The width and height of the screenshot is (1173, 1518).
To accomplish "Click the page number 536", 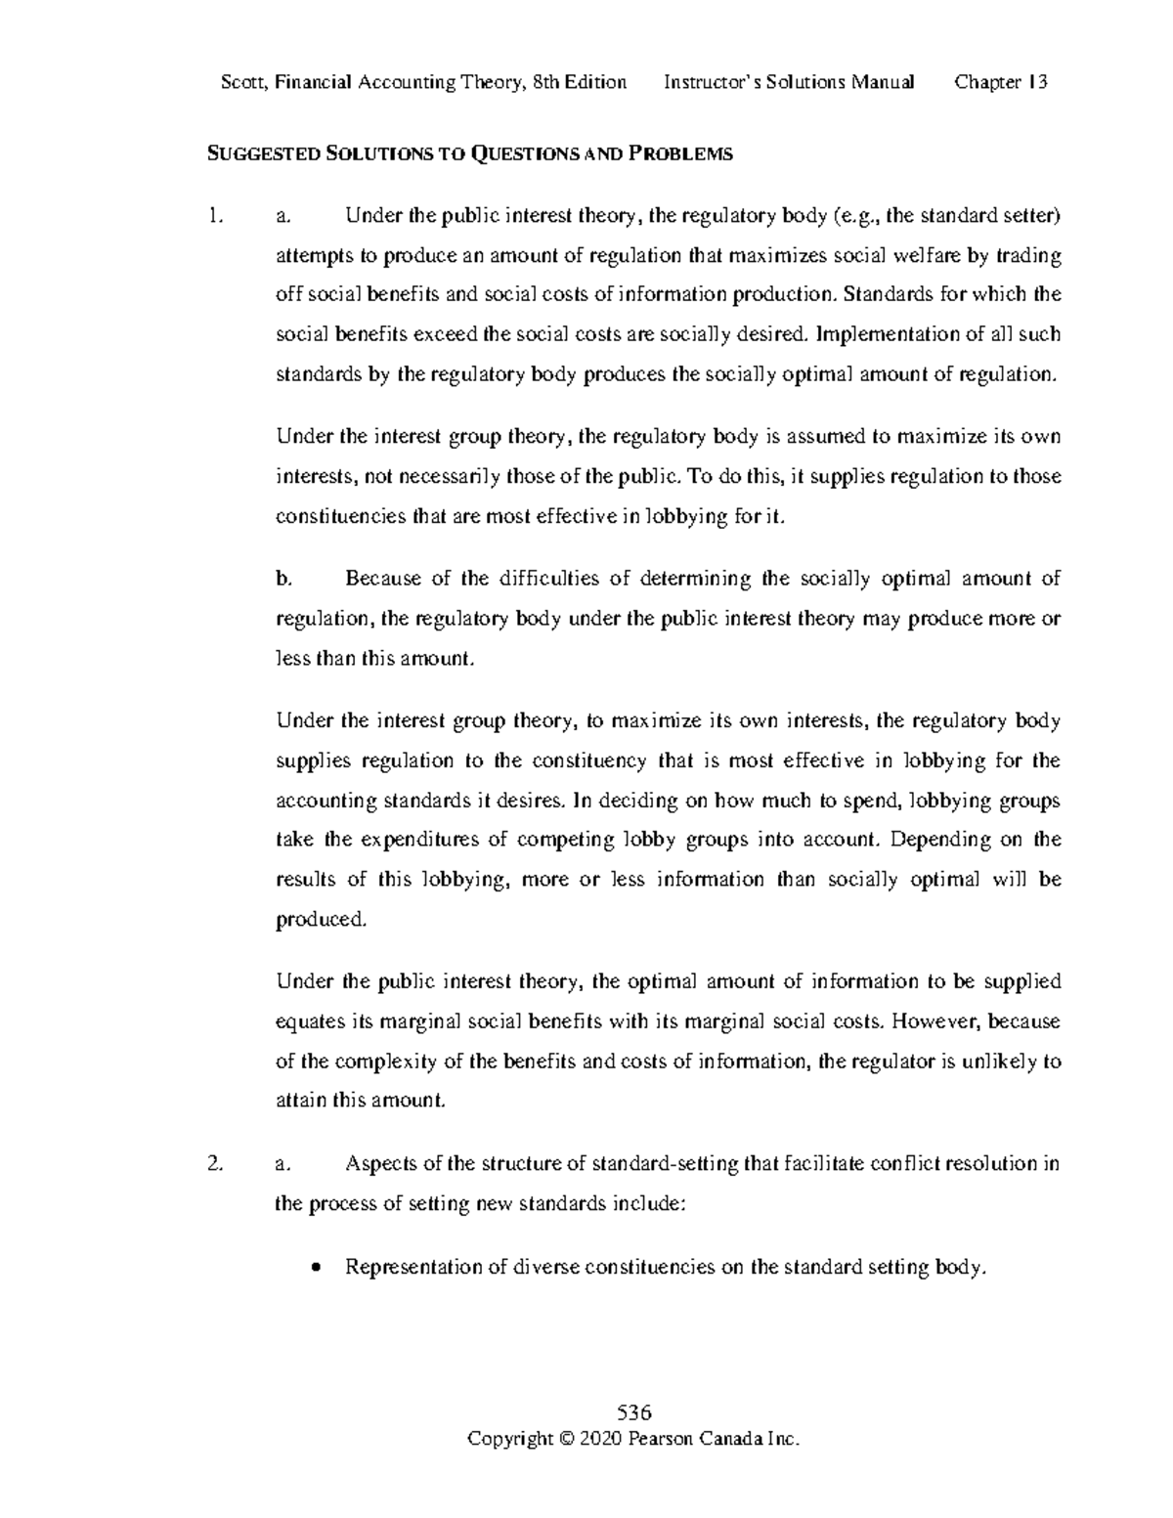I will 634,1413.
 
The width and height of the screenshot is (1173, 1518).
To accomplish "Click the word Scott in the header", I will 244,82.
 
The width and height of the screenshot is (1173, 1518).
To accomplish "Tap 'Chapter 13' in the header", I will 1001,82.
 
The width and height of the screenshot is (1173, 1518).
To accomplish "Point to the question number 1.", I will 216,216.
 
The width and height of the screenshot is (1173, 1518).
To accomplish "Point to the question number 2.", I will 216,1164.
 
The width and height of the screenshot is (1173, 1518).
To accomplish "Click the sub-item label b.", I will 283,579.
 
